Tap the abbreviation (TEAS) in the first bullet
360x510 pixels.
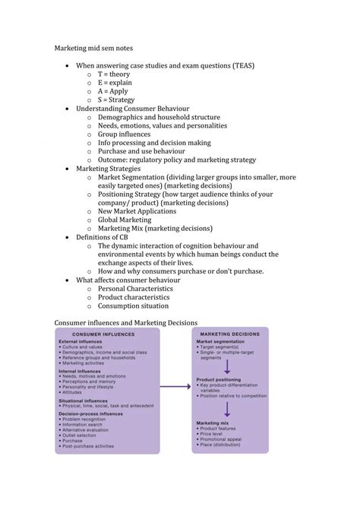pyautogui.click(x=238, y=65)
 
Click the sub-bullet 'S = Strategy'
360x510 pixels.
pyautogui.click(x=116, y=100)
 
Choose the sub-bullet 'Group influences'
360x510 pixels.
pyautogui.click(x=124, y=134)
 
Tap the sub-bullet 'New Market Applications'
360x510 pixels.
pyautogui.click(x=137, y=211)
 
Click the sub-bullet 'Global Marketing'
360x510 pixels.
pyautogui.click(x=125, y=220)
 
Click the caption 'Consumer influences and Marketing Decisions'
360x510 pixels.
pyautogui.click(x=125, y=323)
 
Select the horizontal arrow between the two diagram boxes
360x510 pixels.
pyautogui.click(x=175, y=387)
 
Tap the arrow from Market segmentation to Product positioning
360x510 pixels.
pyautogui.click(x=227, y=368)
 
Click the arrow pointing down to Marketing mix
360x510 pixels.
pyautogui.click(x=227, y=410)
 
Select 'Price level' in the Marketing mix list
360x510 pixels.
pyautogui.click(x=216, y=434)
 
